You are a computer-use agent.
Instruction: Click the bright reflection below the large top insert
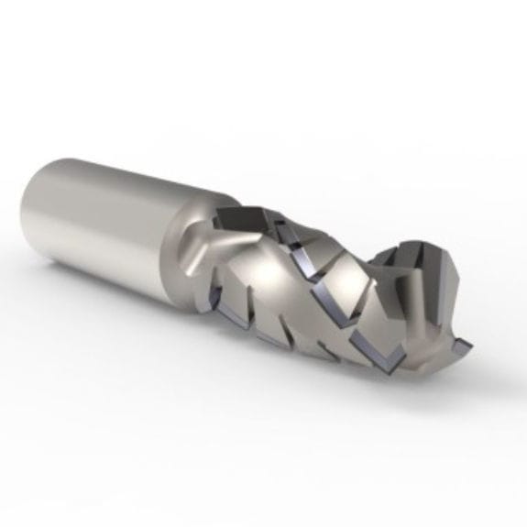point(266,261)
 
